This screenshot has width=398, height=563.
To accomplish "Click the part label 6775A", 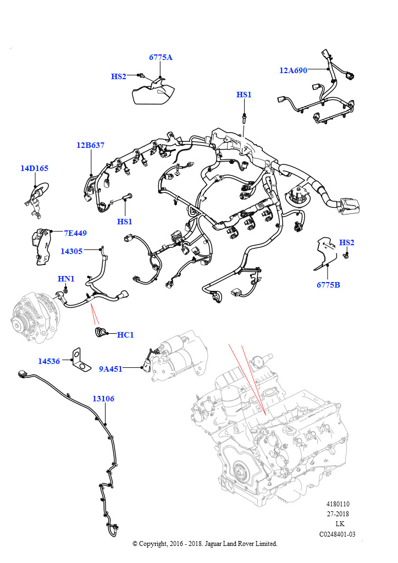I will (160, 58).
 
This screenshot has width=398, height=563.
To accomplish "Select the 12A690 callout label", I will (293, 70).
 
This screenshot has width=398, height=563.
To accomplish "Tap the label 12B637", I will (90, 146).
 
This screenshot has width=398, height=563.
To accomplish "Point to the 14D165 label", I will (35, 168).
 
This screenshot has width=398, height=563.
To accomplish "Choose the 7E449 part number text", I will (75, 233).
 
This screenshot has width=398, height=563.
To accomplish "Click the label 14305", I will (71, 251).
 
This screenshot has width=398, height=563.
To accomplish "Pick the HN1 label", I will (66, 279).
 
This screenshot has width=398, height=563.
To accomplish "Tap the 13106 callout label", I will (103, 399).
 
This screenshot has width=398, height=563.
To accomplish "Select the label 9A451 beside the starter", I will (111, 369).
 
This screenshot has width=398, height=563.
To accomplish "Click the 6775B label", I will (328, 285).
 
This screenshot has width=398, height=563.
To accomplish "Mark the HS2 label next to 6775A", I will (119, 76).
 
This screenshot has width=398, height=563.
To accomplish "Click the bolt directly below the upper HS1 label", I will (244, 117).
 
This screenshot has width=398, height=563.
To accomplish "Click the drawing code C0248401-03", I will (338, 534).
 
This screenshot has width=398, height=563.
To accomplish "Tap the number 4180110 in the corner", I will (338, 504).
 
